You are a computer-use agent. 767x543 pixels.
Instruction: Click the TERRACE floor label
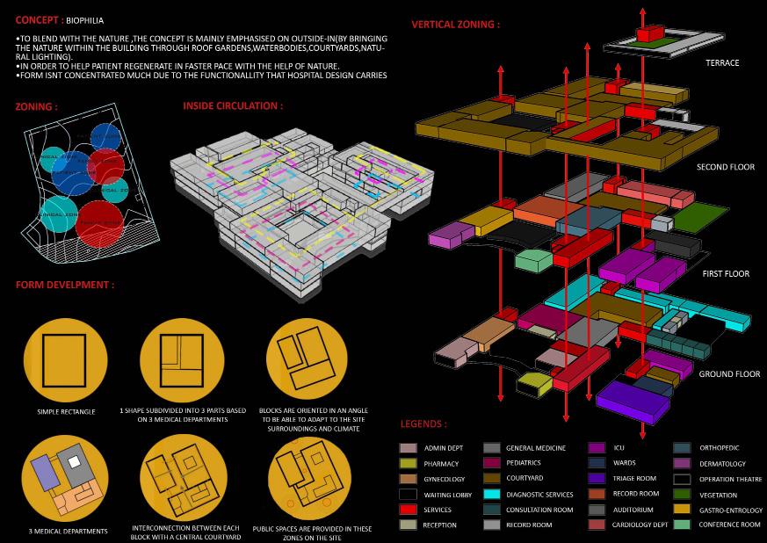click(722, 63)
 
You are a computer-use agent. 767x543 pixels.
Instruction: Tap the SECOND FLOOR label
click(726, 167)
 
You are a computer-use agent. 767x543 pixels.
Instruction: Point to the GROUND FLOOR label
click(729, 374)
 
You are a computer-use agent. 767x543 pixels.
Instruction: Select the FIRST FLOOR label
click(726, 274)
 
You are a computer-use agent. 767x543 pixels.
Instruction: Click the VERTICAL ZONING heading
click(455, 25)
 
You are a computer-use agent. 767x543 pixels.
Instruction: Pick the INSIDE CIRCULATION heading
click(233, 105)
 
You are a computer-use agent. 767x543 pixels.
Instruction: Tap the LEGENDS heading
click(423, 424)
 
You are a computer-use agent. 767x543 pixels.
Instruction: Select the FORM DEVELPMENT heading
click(65, 285)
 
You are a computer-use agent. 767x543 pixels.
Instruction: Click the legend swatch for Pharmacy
click(408, 463)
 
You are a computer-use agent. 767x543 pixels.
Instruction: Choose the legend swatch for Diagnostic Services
click(491, 495)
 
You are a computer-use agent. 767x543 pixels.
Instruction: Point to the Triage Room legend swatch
click(597, 479)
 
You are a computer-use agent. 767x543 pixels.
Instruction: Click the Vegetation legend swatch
click(682, 495)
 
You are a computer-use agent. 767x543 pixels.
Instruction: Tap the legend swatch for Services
click(408, 510)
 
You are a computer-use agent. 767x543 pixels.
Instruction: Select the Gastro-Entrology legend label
click(731, 510)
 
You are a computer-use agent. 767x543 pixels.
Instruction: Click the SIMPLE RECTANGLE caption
click(67, 411)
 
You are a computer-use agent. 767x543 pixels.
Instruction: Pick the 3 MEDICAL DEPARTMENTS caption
click(68, 531)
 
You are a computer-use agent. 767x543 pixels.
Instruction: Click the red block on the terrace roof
click(648, 33)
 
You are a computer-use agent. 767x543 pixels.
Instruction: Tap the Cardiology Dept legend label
click(640, 525)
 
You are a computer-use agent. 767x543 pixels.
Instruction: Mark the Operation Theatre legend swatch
click(682, 479)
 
